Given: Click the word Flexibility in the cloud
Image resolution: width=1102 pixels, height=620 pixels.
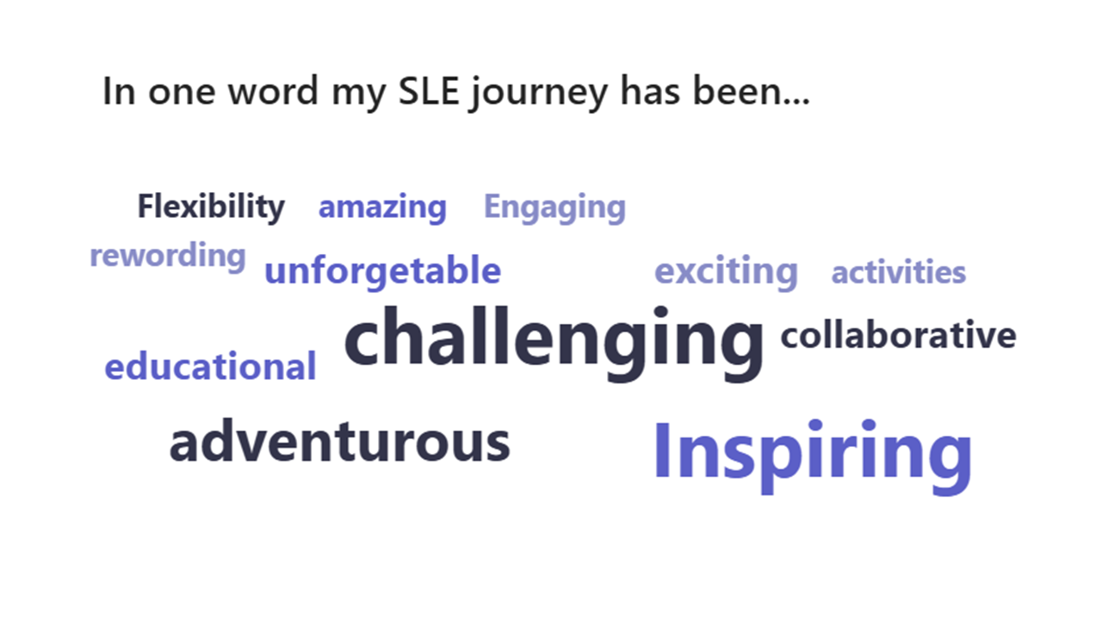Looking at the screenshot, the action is (211, 208).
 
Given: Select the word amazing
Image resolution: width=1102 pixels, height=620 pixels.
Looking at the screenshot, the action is (383, 208).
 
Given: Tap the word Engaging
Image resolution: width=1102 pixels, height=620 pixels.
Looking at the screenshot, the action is (555, 208).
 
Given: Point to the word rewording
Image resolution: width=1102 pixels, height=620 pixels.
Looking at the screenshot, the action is (168, 257).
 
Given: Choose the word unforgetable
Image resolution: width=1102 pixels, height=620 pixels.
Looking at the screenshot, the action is (383, 271).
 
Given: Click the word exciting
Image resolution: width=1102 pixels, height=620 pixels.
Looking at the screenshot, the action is (726, 272).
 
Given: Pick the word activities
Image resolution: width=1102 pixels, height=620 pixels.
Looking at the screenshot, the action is (898, 271).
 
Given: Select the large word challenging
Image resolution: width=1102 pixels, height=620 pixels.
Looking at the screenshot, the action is (554, 343).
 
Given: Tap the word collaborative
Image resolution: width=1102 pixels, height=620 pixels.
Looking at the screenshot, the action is (898, 335).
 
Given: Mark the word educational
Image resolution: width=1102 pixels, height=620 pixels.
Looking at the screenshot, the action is (211, 366).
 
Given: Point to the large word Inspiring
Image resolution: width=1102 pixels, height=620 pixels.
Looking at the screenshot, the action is (813, 456).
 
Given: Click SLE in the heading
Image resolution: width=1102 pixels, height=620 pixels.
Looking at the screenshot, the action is (429, 91).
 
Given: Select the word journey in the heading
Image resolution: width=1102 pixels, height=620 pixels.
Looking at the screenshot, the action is (539, 94).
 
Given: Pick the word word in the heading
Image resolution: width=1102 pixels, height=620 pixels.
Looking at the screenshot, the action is (273, 91).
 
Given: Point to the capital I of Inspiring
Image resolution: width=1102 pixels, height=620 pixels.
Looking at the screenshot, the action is (662, 449).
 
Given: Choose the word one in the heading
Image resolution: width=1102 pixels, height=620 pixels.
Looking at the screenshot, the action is (182, 94).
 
